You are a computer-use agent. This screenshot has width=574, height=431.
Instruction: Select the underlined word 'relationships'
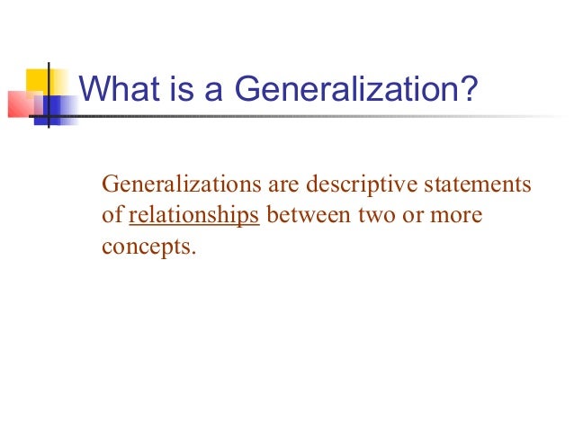pos(194,216)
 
